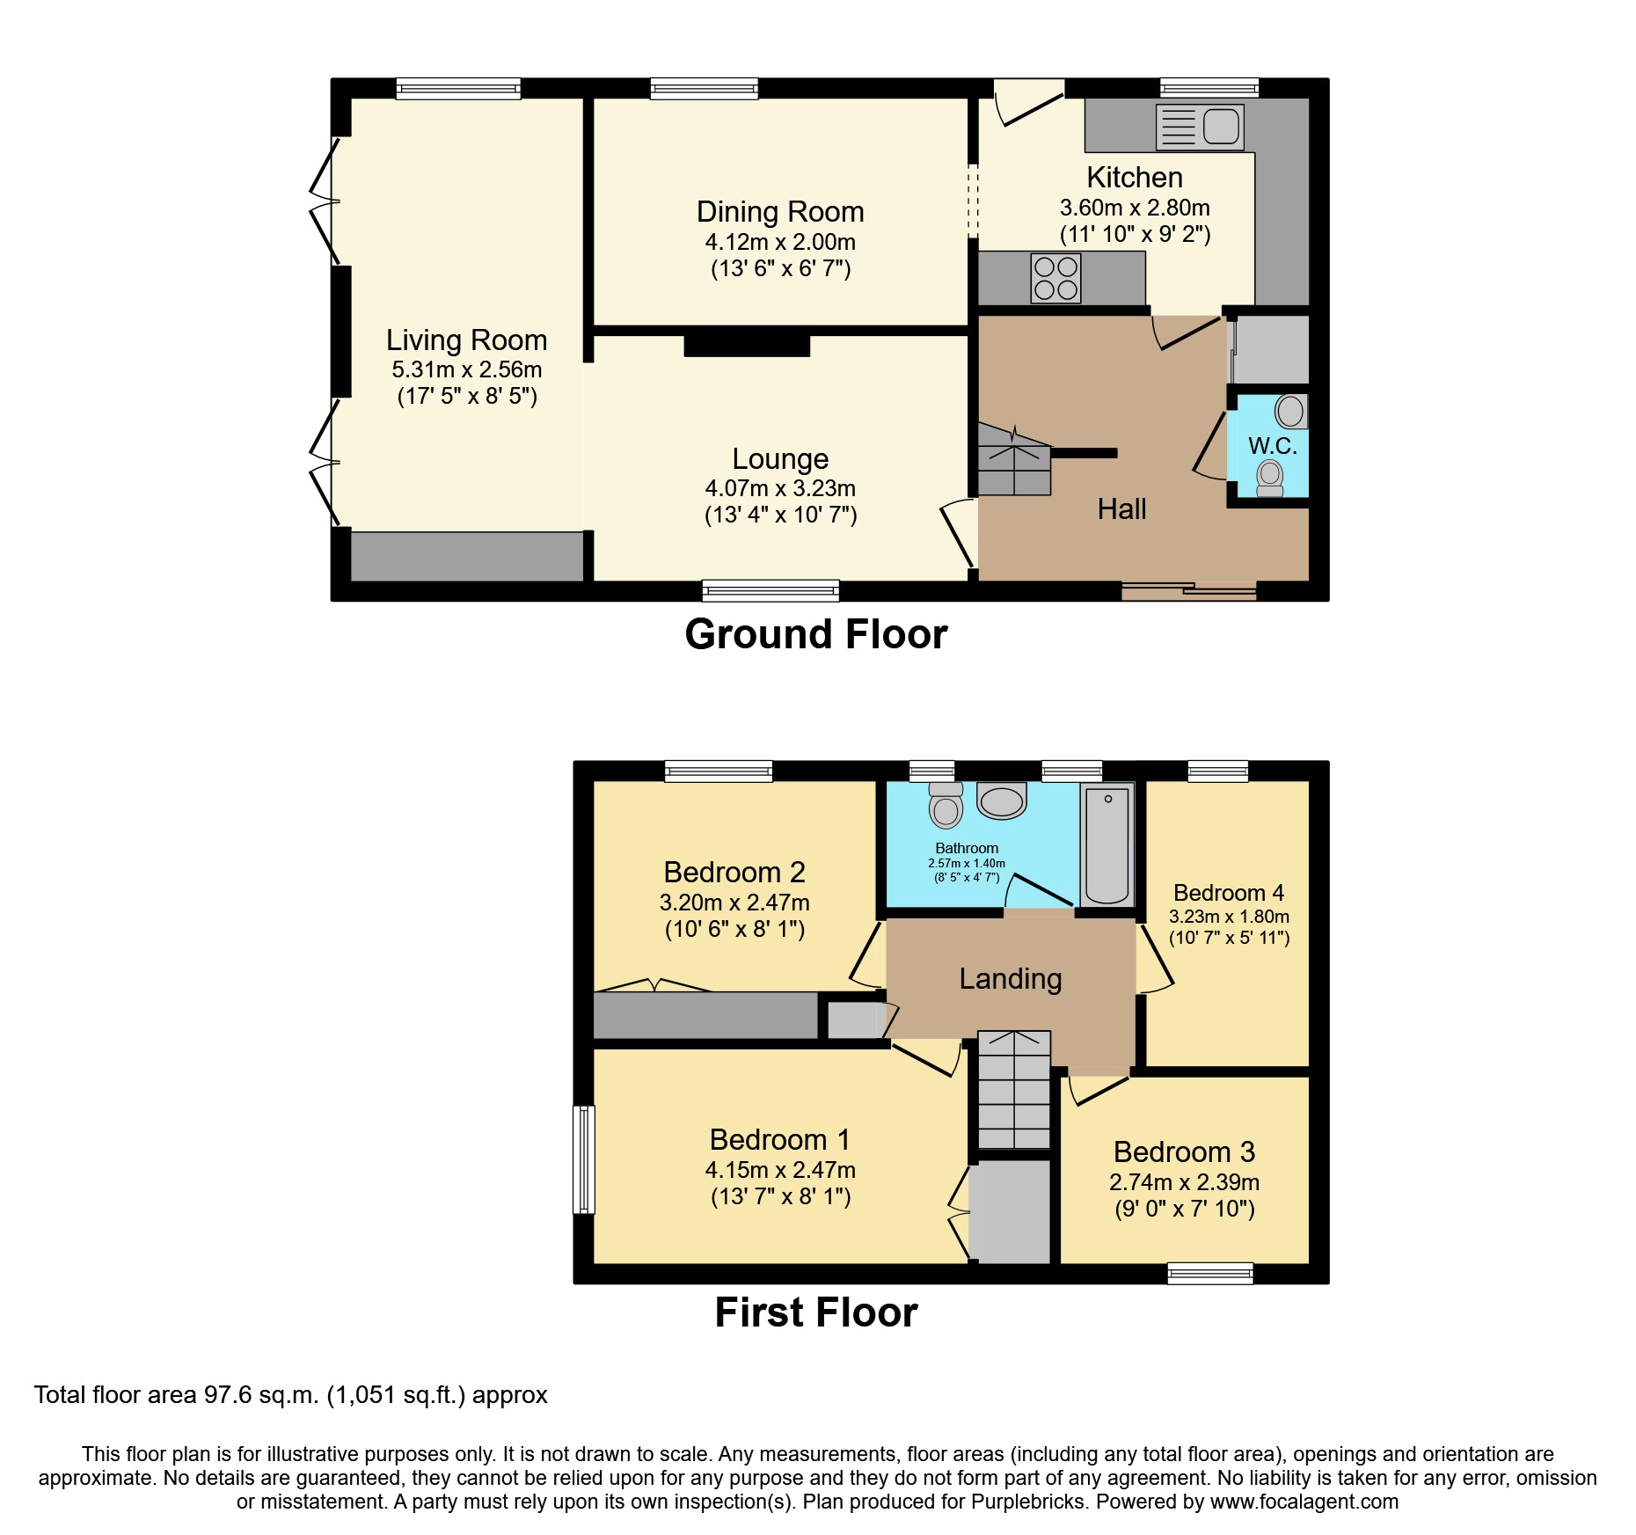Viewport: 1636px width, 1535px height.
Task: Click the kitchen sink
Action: [1200, 127]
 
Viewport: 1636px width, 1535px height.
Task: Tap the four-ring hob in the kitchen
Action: [1056, 278]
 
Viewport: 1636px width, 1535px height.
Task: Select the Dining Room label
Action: [780, 212]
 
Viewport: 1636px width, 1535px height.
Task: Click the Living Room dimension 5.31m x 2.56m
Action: [467, 369]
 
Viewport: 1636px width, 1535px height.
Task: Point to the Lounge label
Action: [780, 458]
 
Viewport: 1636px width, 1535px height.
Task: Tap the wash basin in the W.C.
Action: [1291, 411]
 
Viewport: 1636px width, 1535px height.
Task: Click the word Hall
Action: [1121, 509]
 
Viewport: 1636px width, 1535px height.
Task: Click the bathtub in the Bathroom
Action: [1106, 845]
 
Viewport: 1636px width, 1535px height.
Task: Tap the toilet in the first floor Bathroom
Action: [946, 805]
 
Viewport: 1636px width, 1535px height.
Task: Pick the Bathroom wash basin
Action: [1002, 800]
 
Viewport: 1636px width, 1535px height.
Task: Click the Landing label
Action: [1010, 978]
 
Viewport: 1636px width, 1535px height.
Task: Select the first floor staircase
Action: [1014, 1090]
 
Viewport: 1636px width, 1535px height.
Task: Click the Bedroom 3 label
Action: [1184, 1151]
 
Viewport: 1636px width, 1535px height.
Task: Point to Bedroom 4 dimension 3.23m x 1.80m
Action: [1229, 917]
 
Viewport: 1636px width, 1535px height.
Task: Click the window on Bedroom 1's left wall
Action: [584, 1159]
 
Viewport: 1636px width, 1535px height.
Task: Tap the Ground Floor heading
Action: [815, 634]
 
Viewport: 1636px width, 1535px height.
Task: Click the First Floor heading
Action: [815, 1312]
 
